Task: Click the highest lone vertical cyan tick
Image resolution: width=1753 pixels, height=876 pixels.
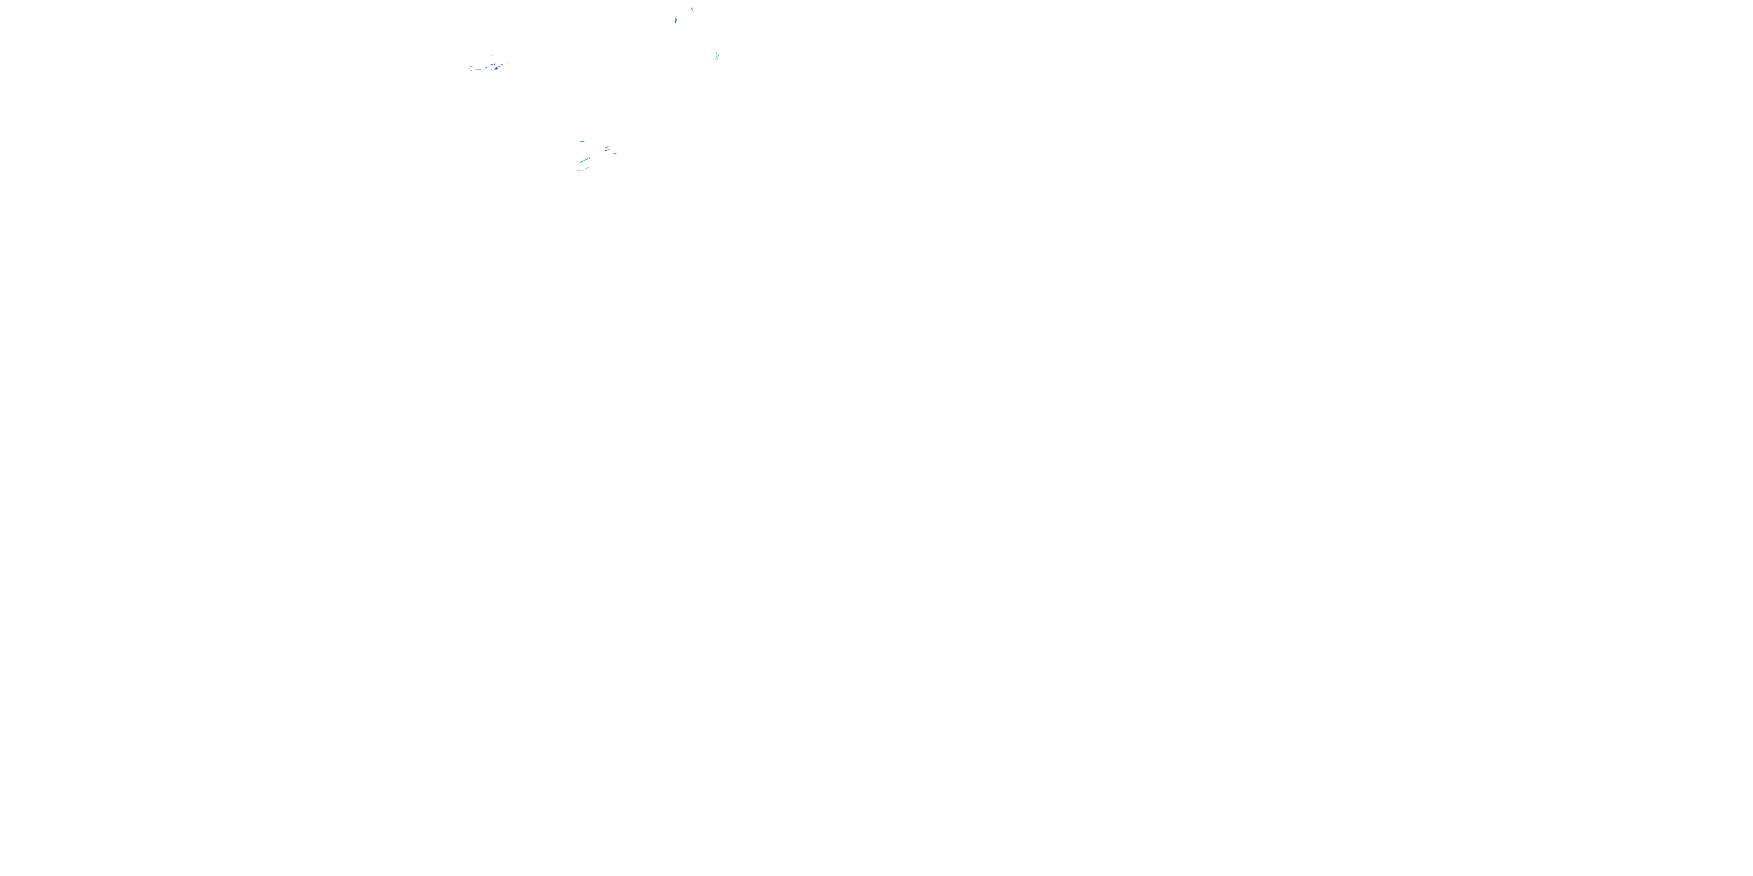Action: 692,9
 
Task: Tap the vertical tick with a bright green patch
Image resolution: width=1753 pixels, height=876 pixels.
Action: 675,20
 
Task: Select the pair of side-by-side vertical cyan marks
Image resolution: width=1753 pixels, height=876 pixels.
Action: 717,57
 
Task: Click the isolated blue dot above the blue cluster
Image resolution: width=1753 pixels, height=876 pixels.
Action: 493,55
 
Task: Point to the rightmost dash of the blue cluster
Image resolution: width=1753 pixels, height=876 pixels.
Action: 509,64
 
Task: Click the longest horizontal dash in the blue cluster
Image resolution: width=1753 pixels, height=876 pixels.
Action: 480,69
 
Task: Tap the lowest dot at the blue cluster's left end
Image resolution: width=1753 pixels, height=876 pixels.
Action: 472,71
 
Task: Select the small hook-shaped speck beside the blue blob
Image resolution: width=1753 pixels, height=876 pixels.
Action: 491,69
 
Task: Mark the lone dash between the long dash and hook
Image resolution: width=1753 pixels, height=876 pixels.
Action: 487,67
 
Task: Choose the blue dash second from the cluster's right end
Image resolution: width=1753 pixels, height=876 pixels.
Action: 502,65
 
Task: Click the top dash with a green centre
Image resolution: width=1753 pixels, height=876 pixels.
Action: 583,141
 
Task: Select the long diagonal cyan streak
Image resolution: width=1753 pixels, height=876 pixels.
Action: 584,161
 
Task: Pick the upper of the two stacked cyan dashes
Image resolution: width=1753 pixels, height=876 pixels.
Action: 607,147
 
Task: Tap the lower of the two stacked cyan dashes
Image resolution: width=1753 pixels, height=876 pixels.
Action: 608,150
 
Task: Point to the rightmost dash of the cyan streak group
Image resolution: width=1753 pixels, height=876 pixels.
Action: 615,154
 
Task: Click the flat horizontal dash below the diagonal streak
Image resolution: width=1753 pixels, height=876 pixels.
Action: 579,171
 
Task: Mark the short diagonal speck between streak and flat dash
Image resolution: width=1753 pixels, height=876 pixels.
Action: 587,168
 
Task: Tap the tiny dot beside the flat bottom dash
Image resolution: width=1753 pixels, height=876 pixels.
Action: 584,171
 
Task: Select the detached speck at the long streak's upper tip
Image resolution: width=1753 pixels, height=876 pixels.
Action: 590,158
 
